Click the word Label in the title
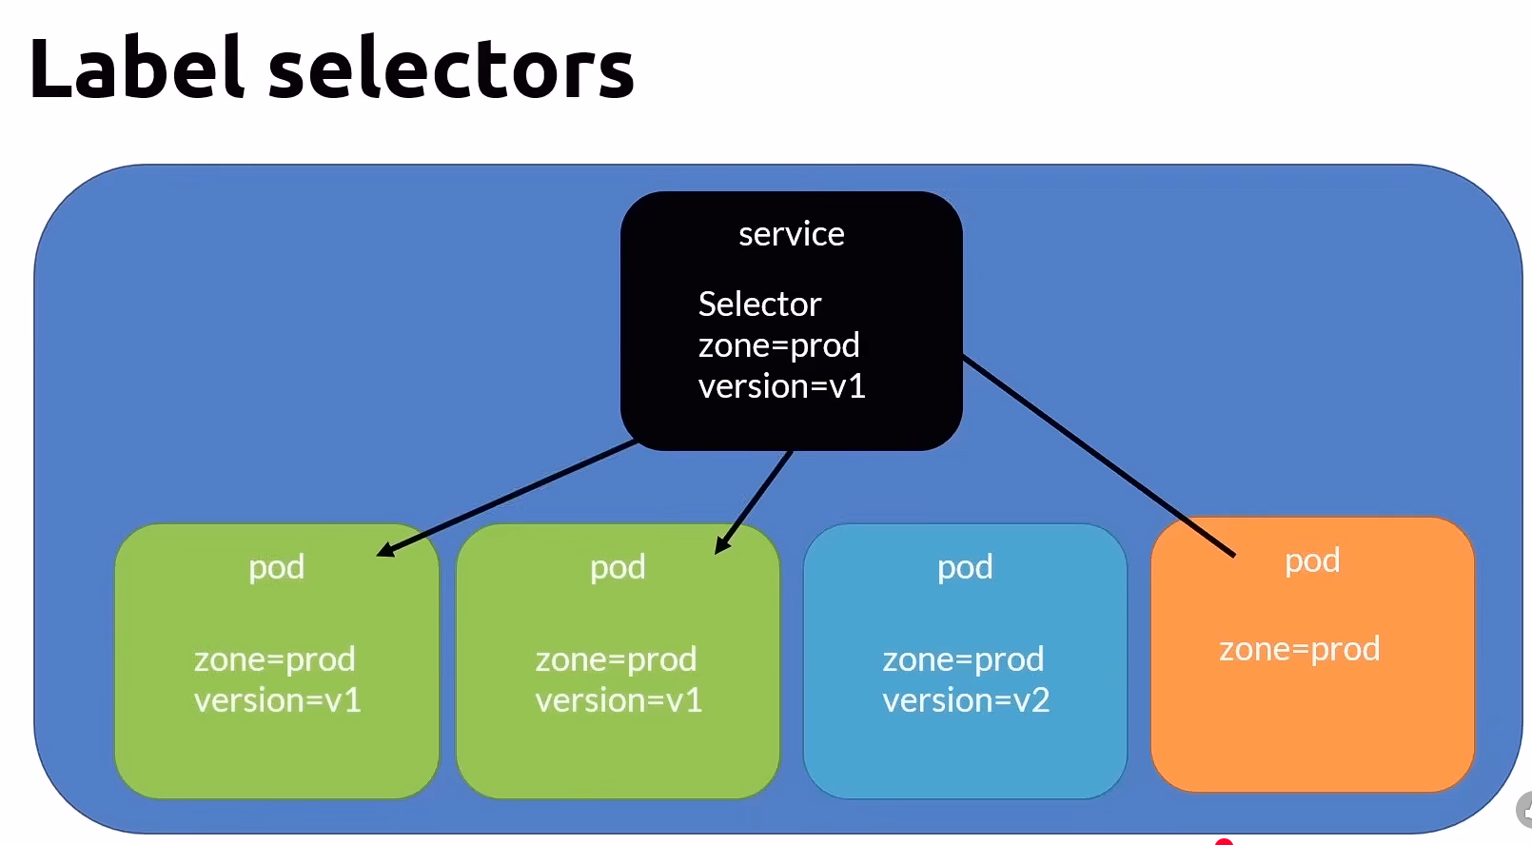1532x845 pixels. click(136, 69)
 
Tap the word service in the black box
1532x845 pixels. click(791, 234)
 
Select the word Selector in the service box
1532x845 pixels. click(759, 305)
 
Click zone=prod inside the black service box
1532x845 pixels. click(778, 345)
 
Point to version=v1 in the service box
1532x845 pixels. click(781, 386)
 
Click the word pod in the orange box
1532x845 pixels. click(1312, 561)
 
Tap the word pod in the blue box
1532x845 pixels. click(965, 567)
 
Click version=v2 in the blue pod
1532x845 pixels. click(965, 700)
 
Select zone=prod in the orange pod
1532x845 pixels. click(1299, 649)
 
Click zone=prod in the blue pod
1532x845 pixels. click(963, 659)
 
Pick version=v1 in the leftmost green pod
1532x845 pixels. click(277, 700)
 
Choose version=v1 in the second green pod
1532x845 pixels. click(619, 700)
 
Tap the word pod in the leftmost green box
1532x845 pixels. click(276, 567)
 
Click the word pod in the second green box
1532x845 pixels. click(618, 567)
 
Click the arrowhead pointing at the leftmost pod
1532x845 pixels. click(385, 550)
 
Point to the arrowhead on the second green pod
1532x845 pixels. click(722, 545)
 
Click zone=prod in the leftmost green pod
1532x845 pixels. click(274, 659)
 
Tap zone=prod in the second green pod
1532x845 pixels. click(616, 659)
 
